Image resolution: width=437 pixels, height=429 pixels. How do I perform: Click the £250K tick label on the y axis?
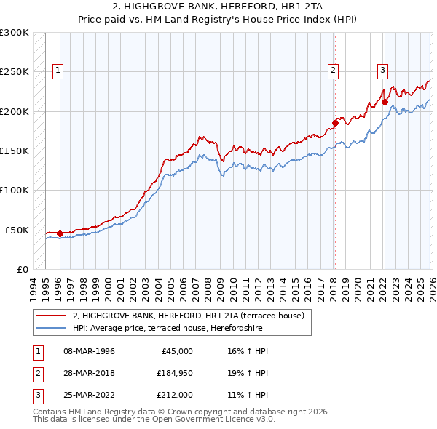15,72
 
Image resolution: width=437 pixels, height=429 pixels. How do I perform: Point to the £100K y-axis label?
15,190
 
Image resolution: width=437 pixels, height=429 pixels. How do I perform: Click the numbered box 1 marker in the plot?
58,71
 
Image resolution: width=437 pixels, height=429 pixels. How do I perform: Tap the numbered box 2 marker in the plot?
333,71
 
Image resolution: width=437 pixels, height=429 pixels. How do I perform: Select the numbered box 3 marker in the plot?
382,71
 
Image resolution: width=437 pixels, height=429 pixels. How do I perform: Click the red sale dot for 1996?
60,233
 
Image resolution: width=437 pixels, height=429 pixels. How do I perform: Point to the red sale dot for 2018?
335,123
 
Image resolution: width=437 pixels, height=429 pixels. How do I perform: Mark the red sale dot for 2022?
384,102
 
